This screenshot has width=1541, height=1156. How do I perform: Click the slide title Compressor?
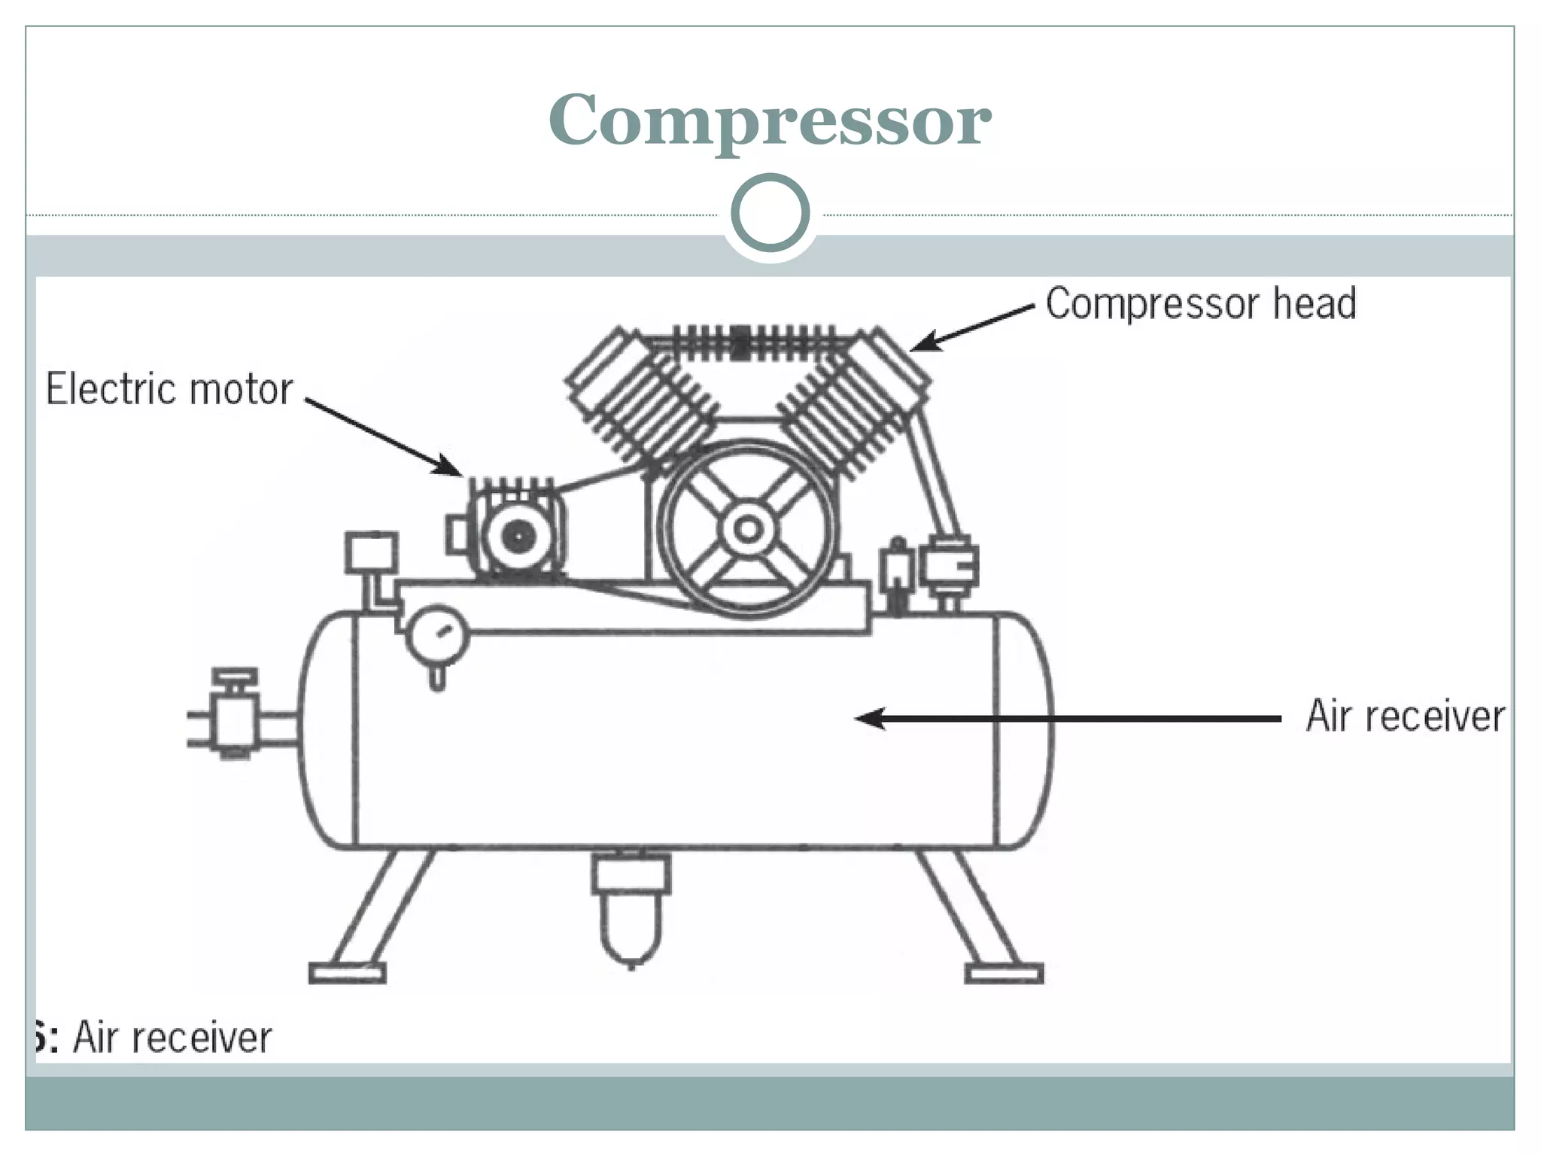click(770, 120)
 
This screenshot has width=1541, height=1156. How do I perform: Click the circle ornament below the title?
click(770, 213)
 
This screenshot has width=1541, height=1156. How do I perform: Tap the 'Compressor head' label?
click(1201, 304)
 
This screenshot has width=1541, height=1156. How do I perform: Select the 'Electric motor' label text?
click(169, 389)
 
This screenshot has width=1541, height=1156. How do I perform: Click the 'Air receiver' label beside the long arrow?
click(1405, 716)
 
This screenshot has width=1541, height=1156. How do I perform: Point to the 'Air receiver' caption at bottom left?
click(172, 1037)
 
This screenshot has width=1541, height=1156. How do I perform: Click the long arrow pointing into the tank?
click(1068, 719)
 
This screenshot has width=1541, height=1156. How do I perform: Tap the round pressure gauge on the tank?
click(438, 636)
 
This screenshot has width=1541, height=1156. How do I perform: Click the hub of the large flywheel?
click(748, 530)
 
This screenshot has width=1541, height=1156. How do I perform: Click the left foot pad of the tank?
click(347, 973)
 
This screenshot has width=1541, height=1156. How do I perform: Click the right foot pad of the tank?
click(1004, 973)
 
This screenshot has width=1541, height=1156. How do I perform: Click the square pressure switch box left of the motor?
click(372, 553)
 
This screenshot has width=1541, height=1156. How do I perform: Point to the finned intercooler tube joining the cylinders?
click(748, 342)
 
